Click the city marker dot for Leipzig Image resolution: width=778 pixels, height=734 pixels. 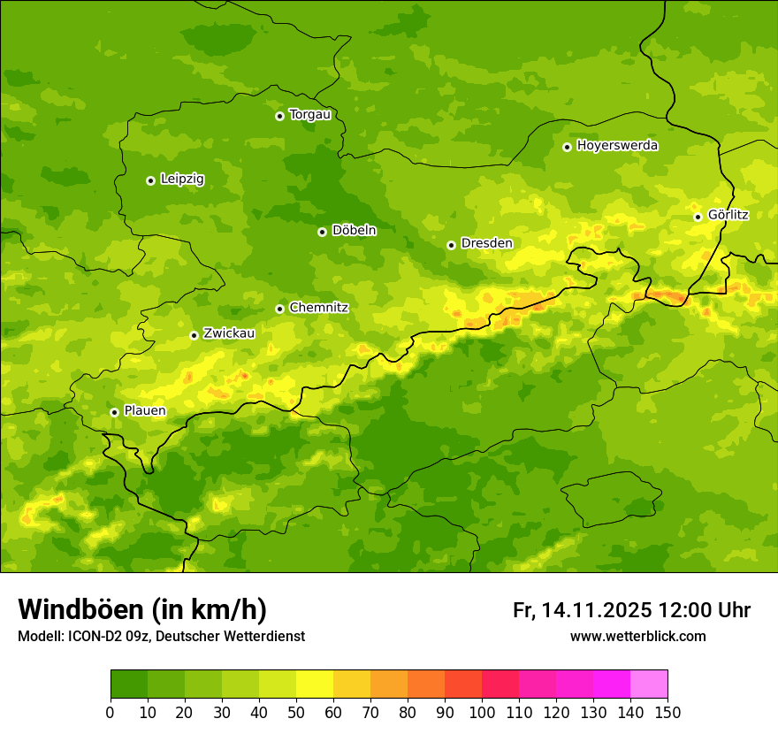tap(150, 180)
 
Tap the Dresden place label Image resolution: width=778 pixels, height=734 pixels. tap(486, 243)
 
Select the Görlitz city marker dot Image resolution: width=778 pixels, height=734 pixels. tap(698, 217)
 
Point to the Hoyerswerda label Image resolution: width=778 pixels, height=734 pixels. tap(617, 146)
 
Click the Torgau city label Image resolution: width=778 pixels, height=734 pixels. tap(309, 115)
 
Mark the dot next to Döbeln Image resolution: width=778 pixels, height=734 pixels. tap(322, 232)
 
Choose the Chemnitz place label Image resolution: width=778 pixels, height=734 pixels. tap(318, 308)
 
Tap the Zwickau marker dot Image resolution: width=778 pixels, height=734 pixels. tap(194, 335)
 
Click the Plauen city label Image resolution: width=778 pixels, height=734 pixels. tap(145, 411)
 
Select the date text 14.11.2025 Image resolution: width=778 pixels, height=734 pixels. tap(597, 610)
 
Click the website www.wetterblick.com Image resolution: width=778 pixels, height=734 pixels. tap(637, 637)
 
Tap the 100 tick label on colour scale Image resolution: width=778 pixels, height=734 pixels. tap(481, 712)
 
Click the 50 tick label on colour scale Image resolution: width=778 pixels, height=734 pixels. tap(295, 712)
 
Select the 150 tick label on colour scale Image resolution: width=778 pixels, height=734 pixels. tap(667, 712)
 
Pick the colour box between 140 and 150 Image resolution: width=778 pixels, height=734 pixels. tap(649, 684)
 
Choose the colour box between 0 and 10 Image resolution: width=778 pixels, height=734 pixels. tap(129, 684)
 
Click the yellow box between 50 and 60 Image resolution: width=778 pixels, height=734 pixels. tap(315, 684)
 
